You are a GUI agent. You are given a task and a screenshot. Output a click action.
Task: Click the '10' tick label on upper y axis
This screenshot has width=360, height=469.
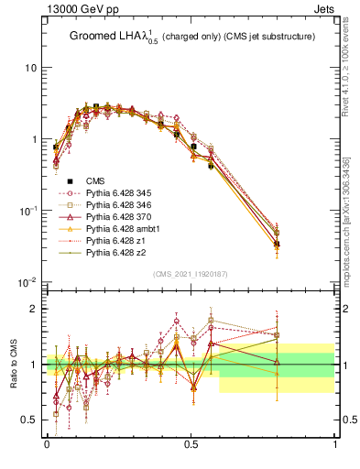tap(30, 69)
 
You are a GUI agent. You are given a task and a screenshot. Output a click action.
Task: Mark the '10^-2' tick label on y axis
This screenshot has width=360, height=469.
tap(27, 282)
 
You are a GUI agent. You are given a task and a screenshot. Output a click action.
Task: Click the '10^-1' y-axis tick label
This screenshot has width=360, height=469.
tap(27, 211)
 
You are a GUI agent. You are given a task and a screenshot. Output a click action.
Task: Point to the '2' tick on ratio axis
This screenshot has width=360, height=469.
tap(35, 309)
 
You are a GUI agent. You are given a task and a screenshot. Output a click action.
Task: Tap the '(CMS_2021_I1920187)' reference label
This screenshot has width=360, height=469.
tap(191, 274)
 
